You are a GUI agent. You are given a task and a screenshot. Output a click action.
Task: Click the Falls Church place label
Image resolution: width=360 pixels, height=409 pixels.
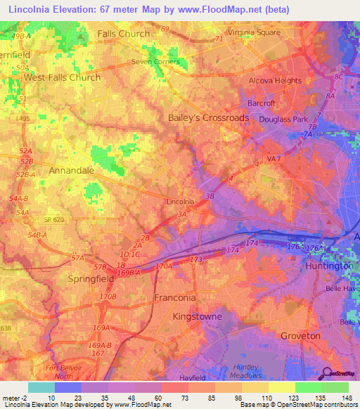point(124,34)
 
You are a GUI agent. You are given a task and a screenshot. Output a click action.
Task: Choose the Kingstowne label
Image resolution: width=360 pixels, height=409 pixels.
point(197,317)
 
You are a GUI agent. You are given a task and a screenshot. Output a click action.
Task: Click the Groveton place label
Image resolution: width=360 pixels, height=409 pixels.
point(300,336)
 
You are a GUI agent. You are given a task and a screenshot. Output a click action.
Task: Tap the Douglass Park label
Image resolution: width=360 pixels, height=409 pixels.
point(283,120)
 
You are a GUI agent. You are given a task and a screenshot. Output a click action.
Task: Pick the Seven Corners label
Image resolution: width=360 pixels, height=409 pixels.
point(156,62)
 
